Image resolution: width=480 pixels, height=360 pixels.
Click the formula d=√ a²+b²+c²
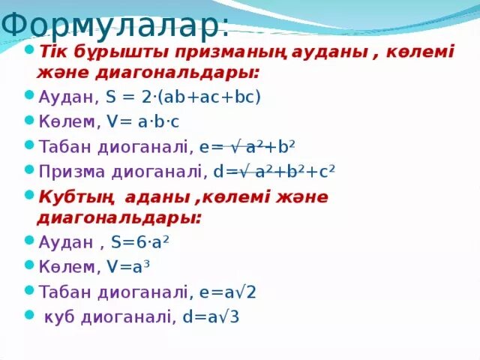[x=273, y=172]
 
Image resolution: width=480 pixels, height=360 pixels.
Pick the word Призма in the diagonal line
[x=71, y=172]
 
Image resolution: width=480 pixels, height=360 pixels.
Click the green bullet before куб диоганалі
[x=28, y=315]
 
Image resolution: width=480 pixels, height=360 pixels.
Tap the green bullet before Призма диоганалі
[x=28, y=170]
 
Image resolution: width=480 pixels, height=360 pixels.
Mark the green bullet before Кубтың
[x=28, y=196]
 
